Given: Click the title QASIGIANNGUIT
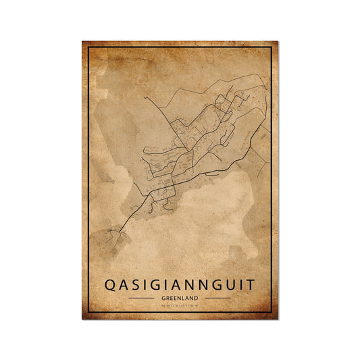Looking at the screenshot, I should [180, 284].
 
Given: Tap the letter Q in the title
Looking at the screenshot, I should [110, 284].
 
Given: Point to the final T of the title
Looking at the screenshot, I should [251, 284].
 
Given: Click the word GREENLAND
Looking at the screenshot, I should [180, 298].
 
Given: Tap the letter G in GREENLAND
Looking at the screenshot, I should [164, 298].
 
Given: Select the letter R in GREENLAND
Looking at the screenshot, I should [168, 298].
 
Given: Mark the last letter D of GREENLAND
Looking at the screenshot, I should [196, 298].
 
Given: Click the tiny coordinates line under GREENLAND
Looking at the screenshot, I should [180, 306].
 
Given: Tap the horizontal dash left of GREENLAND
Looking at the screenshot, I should [143, 298].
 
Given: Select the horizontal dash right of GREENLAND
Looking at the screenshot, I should [217, 298].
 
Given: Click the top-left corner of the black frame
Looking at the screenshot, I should [89, 48].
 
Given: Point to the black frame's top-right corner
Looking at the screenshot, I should [271, 48].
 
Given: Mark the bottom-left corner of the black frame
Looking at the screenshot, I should [89, 313].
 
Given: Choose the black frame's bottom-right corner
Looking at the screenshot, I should [271, 313].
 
